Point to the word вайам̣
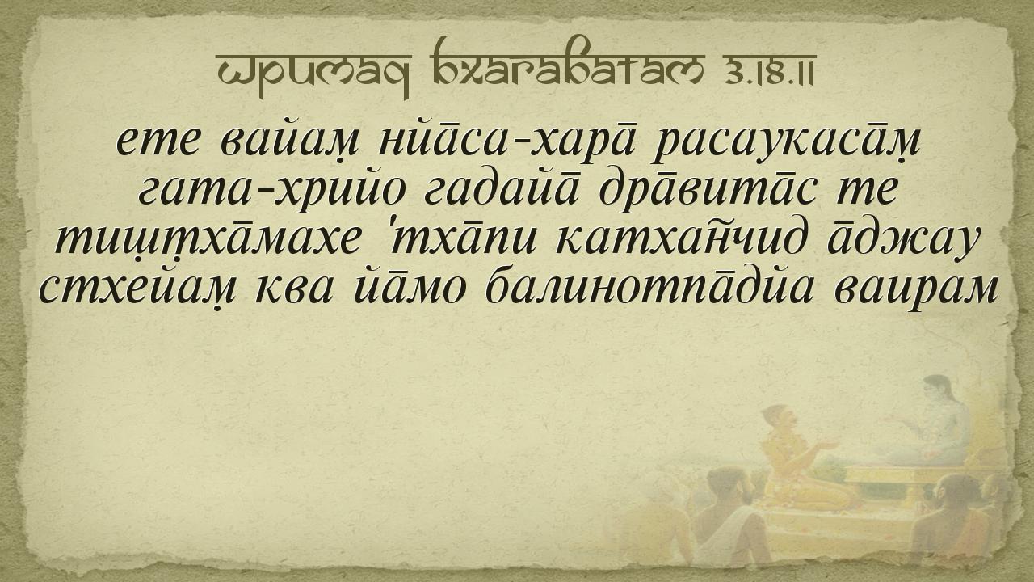click(289, 141)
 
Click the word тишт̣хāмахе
click(208, 241)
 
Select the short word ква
click(294, 291)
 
